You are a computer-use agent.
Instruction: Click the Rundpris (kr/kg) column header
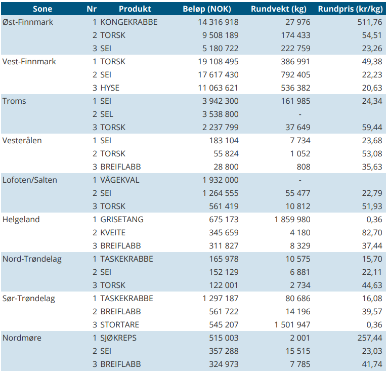(x=350, y=9)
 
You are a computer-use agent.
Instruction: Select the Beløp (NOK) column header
(x=207, y=9)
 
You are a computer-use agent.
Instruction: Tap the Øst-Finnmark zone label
(x=28, y=22)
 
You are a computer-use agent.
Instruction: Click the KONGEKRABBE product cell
(x=129, y=22)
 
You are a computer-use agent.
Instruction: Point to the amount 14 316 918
(x=218, y=22)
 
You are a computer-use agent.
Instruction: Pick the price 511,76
(x=370, y=22)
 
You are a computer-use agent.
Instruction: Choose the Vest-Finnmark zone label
(x=29, y=61)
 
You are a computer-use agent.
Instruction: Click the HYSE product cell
(x=110, y=88)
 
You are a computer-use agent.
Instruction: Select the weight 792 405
(x=295, y=75)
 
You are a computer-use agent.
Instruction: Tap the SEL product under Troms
(x=107, y=114)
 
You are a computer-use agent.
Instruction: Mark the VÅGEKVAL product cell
(x=120, y=180)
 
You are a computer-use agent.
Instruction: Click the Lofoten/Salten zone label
(x=30, y=180)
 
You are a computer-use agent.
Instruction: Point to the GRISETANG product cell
(x=122, y=219)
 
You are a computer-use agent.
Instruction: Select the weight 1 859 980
(x=292, y=219)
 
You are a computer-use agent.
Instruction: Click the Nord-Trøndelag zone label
(x=32, y=259)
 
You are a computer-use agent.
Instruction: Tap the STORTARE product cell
(x=120, y=325)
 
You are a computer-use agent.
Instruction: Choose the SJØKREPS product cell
(x=118, y=338)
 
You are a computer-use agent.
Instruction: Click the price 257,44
(x=370, y=338)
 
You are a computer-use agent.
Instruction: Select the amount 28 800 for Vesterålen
(x=226, y=167)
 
